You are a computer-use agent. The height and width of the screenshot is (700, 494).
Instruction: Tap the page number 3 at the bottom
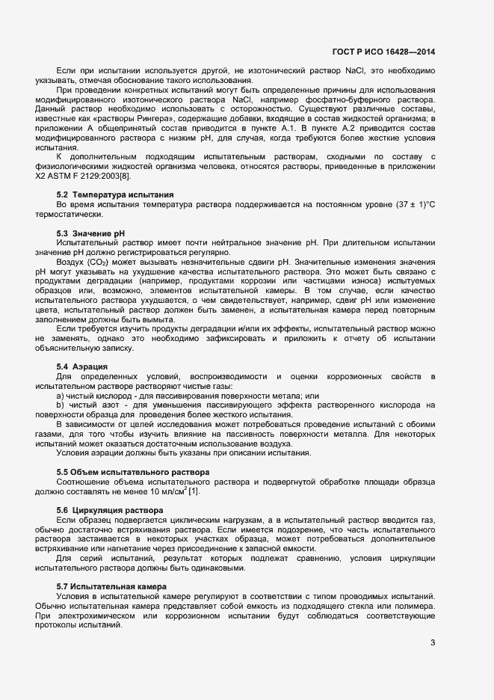433,642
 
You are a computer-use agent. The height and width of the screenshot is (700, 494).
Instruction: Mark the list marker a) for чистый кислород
60,395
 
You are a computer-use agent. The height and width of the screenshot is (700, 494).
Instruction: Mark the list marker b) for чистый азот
60,405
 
